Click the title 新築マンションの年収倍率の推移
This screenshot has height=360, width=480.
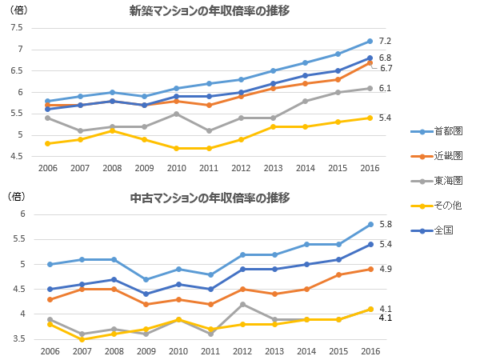click(x=210, y=11)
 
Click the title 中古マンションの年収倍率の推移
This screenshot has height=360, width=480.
click(x=210, y=198)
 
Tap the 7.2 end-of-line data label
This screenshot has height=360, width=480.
click(x=385, y=41)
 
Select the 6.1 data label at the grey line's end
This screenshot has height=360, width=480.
click(x=385, y=88)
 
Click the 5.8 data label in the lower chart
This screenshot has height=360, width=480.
click(x=385, y=224)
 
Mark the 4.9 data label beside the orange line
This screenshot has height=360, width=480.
click(x=385, y=269)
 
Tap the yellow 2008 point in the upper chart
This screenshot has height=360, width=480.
click(x=112, y=130)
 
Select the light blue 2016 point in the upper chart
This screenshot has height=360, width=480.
click(x=370, y=41)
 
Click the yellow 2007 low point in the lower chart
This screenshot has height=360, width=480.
click(x=80, y=339)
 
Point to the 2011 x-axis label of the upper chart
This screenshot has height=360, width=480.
click(x=208, y=170)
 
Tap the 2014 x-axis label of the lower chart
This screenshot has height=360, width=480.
click(x=305, y=351)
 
